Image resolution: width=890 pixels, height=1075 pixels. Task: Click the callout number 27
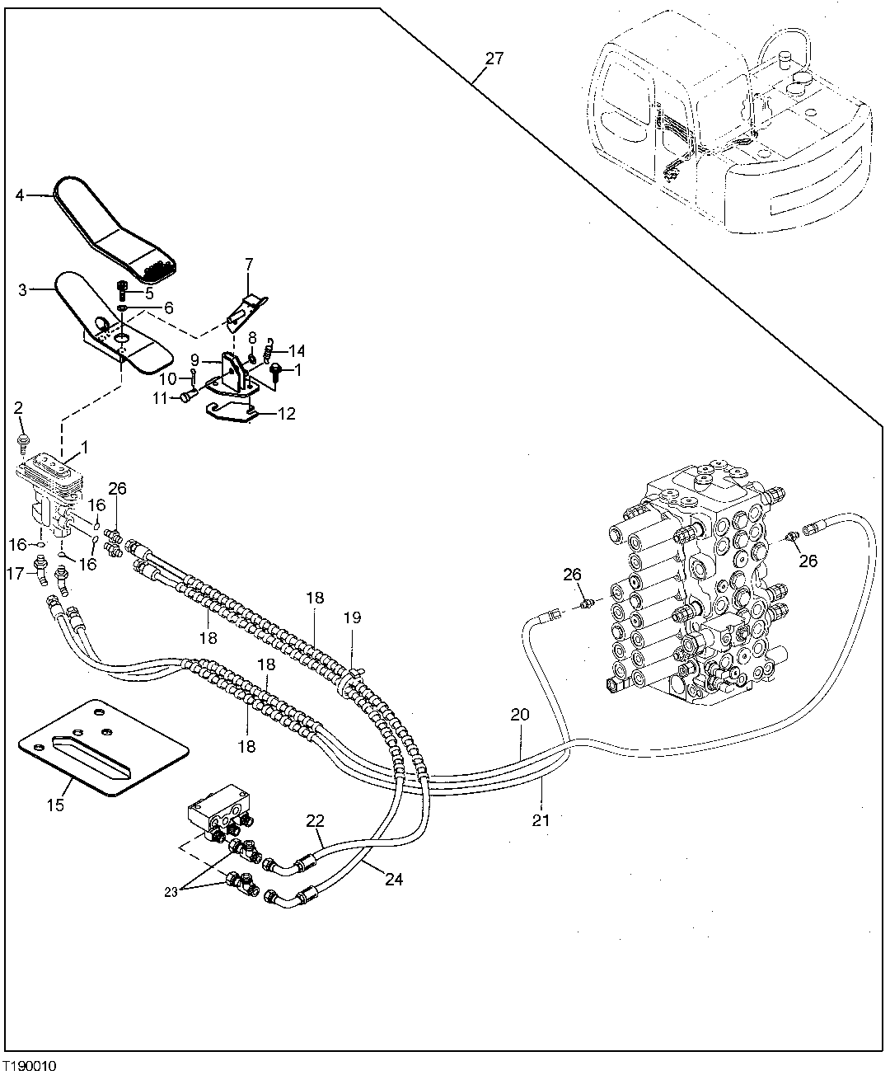494,59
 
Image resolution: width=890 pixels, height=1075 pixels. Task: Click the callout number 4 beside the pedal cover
20,195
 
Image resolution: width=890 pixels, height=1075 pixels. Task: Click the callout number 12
286,414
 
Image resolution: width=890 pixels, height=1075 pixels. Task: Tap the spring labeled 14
267,356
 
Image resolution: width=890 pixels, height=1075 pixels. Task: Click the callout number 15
54,805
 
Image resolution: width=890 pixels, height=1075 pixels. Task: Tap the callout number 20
519,715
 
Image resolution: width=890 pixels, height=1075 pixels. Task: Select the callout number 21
541,819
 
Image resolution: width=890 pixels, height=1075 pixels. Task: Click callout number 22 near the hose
315,821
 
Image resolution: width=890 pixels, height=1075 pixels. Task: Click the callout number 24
394,880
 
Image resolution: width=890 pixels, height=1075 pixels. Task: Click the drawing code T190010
30,1066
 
